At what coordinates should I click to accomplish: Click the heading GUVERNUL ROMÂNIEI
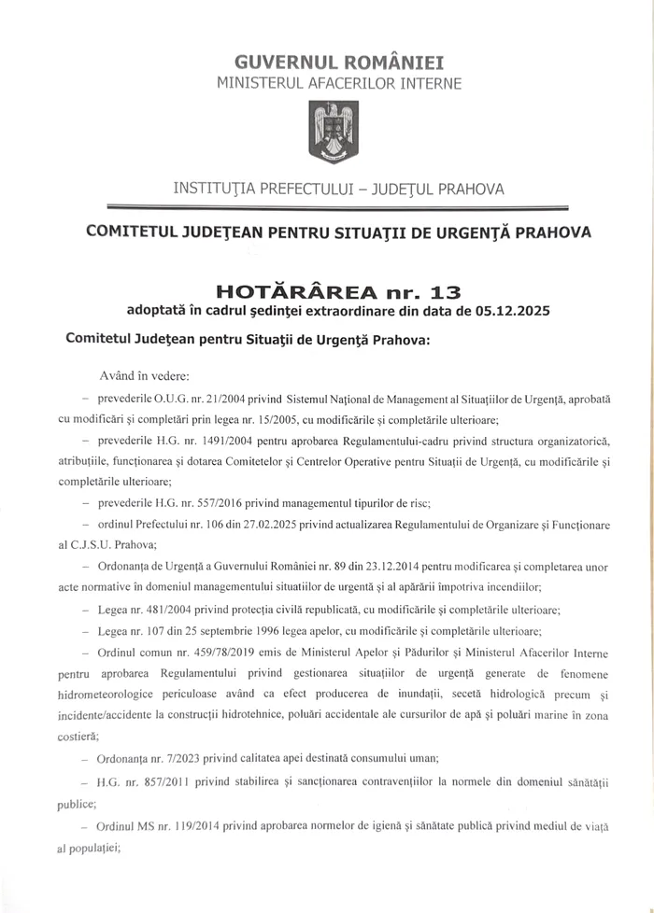click(326, 63)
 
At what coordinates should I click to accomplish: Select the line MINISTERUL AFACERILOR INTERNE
click(326, 84)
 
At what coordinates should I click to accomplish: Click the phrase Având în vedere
click(150, 376)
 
